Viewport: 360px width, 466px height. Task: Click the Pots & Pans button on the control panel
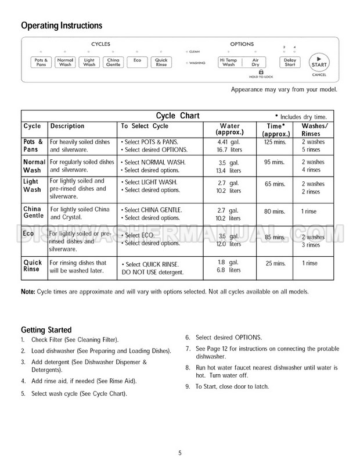[x=41, y=62]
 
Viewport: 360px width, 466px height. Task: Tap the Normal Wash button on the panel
[x=65, y=62]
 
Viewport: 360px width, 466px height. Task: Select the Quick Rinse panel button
[x=160, y=62]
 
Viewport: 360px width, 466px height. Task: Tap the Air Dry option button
[x=254, y=62]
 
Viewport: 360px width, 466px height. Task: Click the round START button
[x=318, y=62]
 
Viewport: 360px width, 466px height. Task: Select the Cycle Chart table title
[x=178, y=116]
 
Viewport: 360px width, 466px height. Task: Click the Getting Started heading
[x=46, y=328]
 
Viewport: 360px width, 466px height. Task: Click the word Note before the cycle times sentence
[x=28, y=291]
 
